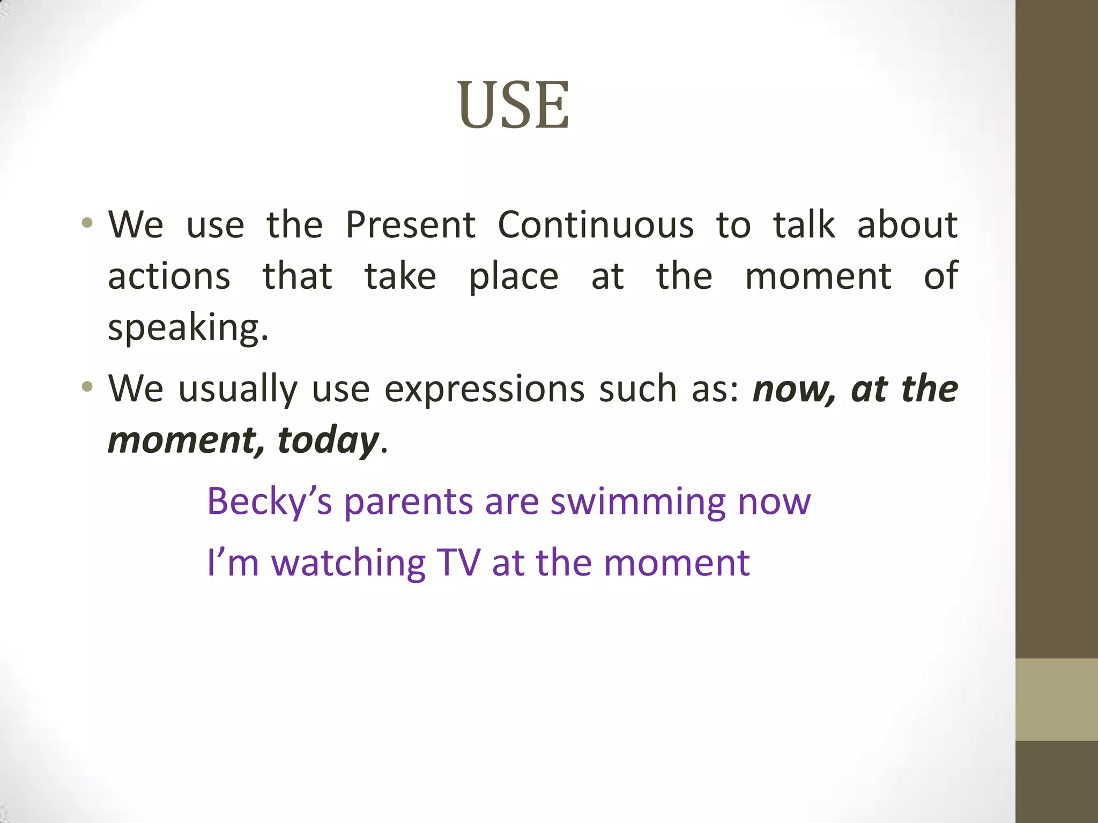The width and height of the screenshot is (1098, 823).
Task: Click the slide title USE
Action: click(513, 105)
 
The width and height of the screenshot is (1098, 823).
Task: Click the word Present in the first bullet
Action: click(410, 225)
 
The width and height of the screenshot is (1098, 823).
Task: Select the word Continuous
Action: click(596, 225)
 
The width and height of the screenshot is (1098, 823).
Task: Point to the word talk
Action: click(804, 225)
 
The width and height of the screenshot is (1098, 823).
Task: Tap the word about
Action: click(907, 225)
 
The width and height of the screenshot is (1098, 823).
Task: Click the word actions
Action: click(169, 276)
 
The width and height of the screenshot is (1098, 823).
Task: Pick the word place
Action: click(514, 278)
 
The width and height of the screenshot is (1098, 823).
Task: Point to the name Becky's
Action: click(269, 502)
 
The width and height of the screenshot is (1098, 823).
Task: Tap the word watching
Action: click(348, 563)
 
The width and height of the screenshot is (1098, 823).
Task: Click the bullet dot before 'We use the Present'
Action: click(87, 222)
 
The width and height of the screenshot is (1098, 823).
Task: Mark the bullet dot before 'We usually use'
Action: click(87, 386)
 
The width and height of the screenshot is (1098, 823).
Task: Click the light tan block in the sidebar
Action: click(1057, 699)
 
